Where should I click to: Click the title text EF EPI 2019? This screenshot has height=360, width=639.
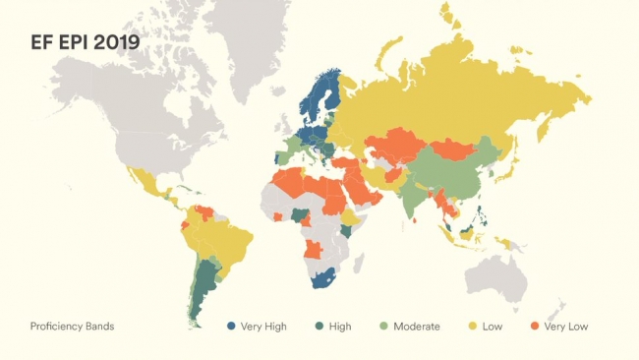point(84,43)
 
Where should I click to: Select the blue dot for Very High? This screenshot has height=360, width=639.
point(232,326)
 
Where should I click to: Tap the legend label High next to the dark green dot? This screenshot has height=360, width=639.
point(340,326)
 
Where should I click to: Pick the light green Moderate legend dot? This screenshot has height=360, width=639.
point(384,326)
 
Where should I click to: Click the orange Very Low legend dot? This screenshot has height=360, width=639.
point(535,326)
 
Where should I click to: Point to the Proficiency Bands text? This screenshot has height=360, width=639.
point(72,326)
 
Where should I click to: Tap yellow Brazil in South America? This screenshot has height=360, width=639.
point(226,241)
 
